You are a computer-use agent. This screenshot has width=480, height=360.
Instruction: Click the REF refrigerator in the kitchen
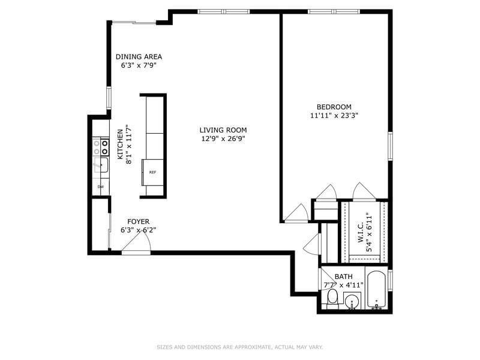[152, 172]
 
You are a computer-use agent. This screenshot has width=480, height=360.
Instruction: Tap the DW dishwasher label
[100, 187]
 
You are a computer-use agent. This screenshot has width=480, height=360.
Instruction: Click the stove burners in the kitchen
[101, 147]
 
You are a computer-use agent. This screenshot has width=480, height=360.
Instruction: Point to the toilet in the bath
[332, 298]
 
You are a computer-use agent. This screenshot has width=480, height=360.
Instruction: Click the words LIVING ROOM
[223, 130]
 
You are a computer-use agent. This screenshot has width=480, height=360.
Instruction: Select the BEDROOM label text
[334, 107]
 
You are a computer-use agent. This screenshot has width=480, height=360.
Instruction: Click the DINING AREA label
[139, 56]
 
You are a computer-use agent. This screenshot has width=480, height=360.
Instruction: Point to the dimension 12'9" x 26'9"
[223, 139]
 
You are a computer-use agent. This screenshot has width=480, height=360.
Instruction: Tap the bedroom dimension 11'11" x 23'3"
[334, 116]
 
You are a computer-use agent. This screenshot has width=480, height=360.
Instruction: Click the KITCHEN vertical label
[121, 144]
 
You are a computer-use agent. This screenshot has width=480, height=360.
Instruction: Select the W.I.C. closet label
[361, 232]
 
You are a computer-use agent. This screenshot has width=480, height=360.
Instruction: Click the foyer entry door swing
[136, 242]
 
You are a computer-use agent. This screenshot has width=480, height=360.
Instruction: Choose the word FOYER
[139, 221]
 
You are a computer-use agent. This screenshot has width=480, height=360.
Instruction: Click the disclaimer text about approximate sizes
[240, 347]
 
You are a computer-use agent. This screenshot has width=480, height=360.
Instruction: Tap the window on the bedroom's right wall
[391, 146]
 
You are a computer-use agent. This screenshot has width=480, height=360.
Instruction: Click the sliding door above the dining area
[134, 22]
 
